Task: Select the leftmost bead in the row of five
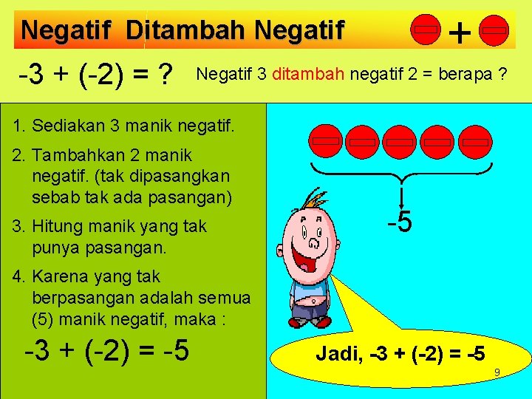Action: (x=325, y=140)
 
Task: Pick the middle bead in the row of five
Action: (x=400, y=140)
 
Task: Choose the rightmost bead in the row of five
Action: (x=476, y=140)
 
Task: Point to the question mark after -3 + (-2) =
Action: (x=166, y=73)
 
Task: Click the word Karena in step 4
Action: (x=59, y=276)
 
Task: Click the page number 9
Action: (x=498, y=372)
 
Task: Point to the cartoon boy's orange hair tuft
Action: (x=320, y=197)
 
